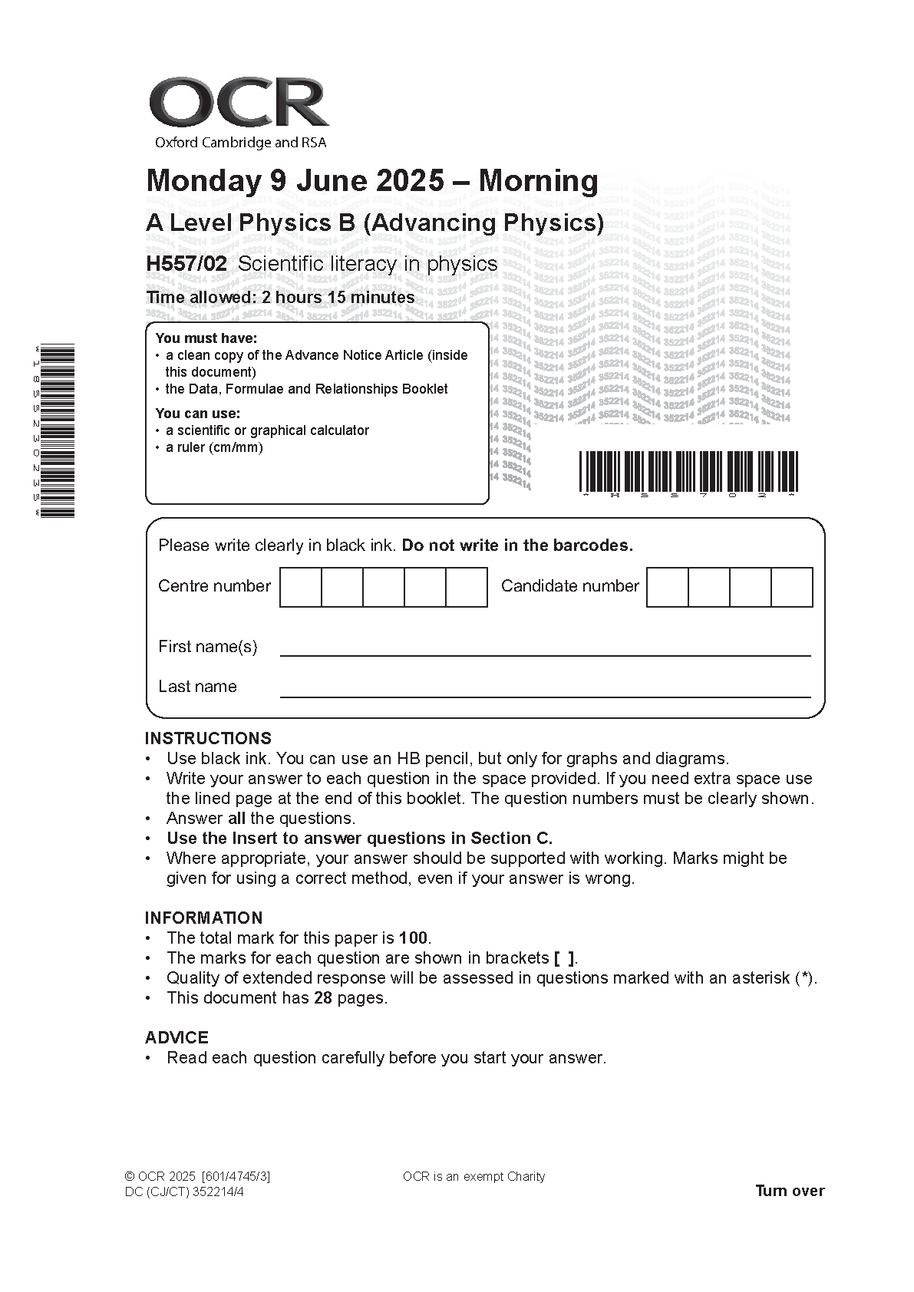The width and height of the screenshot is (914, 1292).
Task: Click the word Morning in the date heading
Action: pyautogui.click(x=538, y=181)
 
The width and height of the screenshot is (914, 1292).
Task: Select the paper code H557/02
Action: pyautogui.click(x=186, y=264)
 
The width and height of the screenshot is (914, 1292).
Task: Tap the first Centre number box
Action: pyautogui.click(x=300, y=587)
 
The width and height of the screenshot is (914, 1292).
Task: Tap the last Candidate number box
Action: pyautogui.click(x=791, y=587)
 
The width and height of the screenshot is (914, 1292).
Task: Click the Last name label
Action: pyautogui.click(x=197, y=687)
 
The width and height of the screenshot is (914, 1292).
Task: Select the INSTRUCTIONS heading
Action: pyautogui.click(x=208, y=739)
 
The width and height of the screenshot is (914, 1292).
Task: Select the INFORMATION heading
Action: pyautogui.click(x=203, y=918)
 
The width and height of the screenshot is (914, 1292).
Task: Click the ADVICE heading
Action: pyautogui.click(x=177, y=1038)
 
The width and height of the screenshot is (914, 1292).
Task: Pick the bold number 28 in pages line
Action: pyautogui.click(x=322, y=998)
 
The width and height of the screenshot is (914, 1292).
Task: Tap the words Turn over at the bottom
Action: pyautogui.click(x=790, y=1191)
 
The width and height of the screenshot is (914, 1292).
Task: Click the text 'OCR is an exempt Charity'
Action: pyautogui.click(x=473, y=1177)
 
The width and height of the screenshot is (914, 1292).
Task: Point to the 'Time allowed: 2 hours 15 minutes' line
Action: pyautogui.click(x=280, y=298)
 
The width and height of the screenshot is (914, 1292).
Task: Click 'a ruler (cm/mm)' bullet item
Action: pyautogui.click(x=214, y=447)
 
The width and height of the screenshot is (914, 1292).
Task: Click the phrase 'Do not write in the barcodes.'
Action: pyautogui.click(x=517, y=545)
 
